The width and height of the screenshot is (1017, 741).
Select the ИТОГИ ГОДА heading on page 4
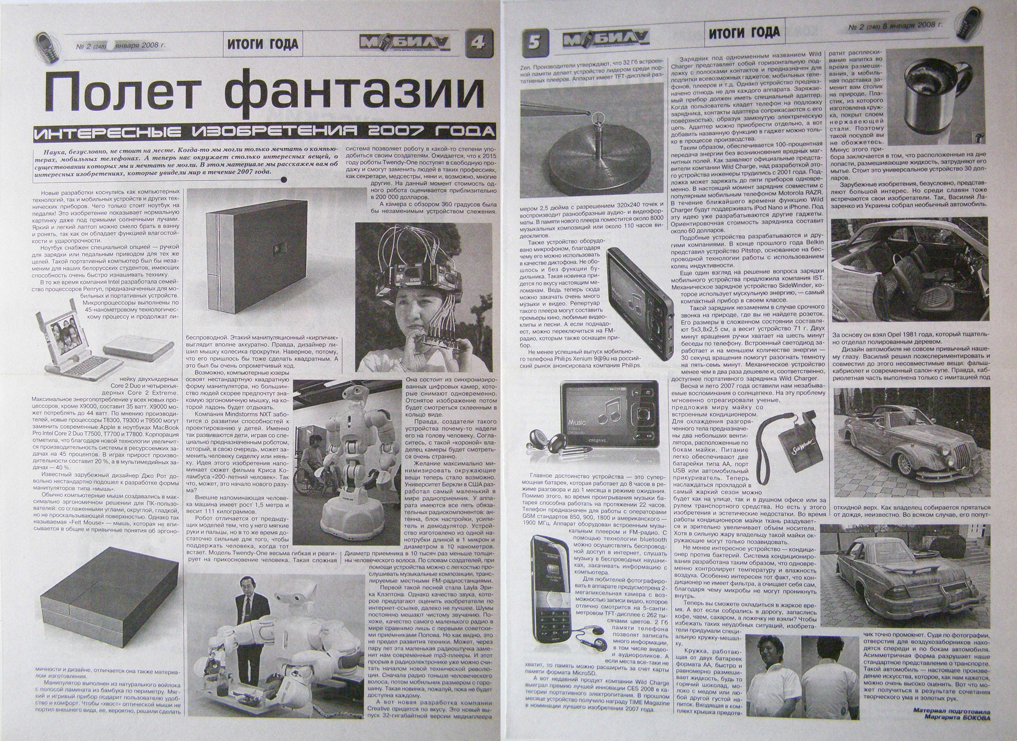260,44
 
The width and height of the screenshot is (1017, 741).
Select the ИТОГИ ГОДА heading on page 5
742,32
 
